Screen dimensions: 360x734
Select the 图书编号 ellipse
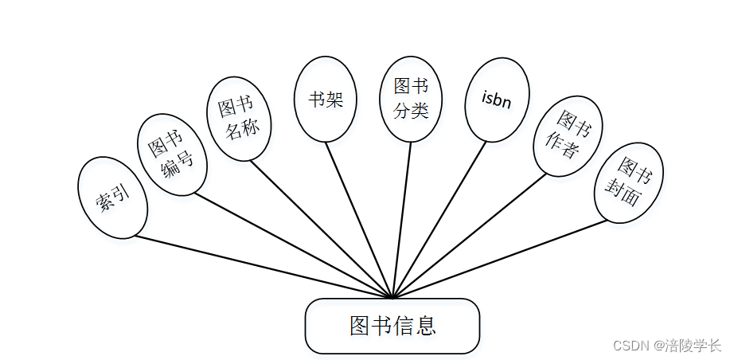(173, 155)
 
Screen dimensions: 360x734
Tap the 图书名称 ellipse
(240, 117)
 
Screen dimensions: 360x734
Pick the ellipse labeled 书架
(326, 100)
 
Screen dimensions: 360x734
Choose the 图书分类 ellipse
(411, 99)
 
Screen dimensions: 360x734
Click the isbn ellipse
(497, 100)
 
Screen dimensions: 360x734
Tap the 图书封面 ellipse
(629, 182)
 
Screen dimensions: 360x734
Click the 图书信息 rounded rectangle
(392, 325)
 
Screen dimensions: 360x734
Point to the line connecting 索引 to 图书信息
(263, 267)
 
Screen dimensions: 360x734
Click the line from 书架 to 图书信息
(359, 220)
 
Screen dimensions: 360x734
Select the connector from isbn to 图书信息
(439, 220)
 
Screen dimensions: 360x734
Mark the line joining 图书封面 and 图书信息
(502, 258)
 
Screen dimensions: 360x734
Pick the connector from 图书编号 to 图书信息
(294, 245)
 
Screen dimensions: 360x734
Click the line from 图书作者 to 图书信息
(470, 237)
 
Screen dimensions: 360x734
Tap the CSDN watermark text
(666, 346)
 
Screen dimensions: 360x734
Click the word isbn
(497, 100)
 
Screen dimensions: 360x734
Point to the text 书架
(326, 100)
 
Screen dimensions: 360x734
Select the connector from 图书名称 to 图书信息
(322, 229)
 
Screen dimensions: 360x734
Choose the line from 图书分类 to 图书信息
(402, 220)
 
